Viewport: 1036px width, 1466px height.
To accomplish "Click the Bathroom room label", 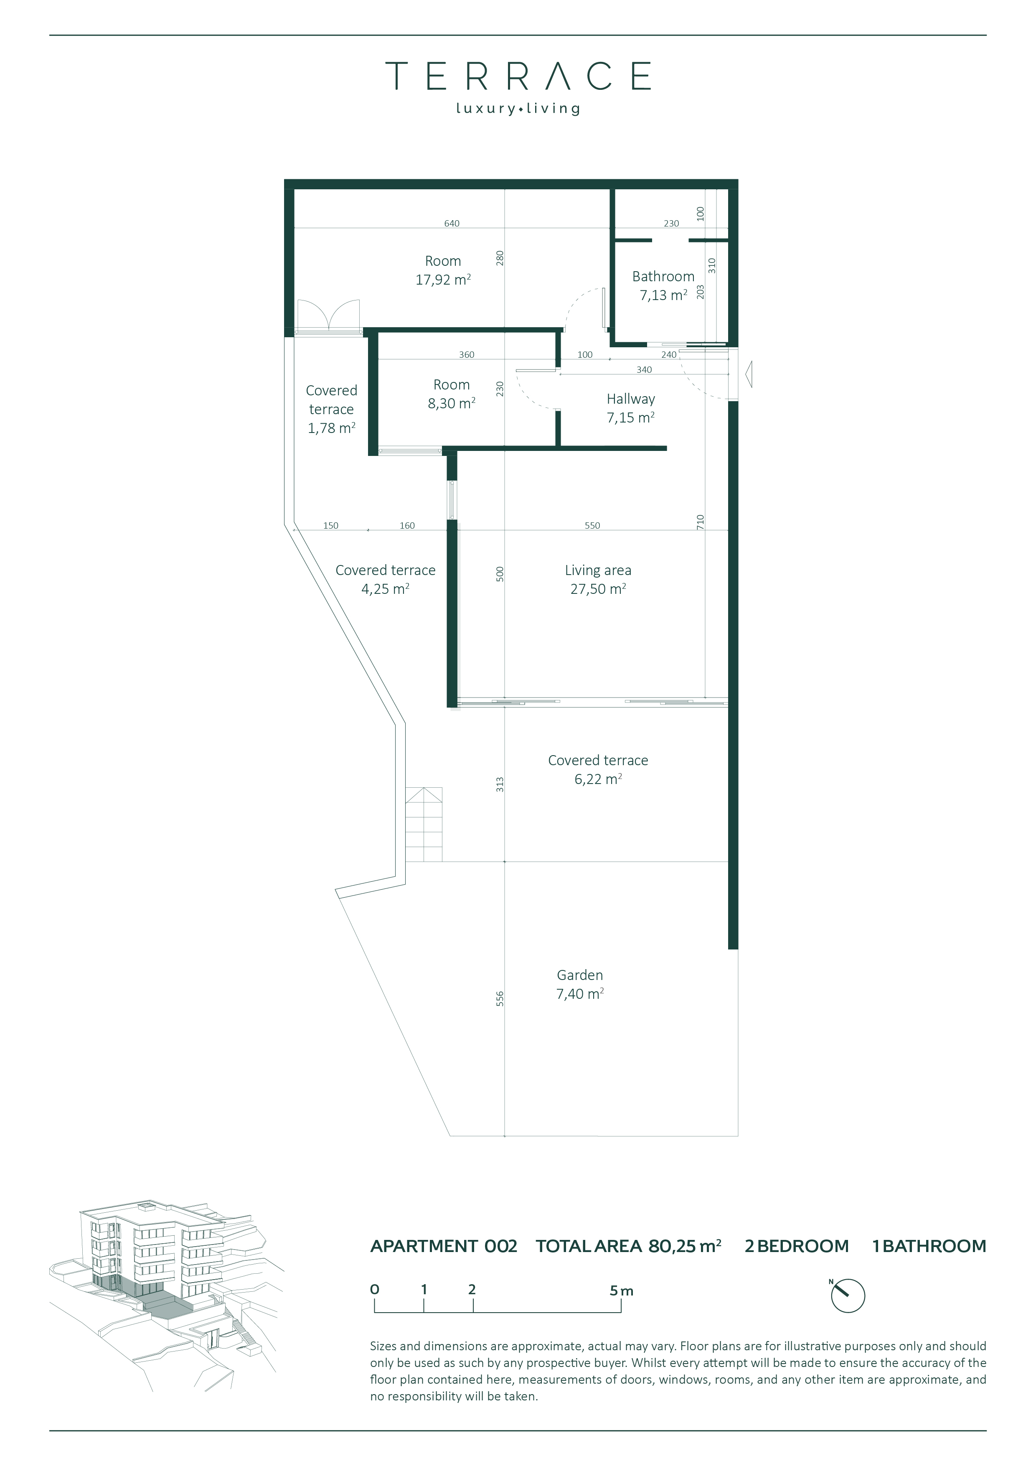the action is (663, 277).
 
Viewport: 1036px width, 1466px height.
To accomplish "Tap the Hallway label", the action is (631, 399).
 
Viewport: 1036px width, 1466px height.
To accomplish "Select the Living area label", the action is (598, 570).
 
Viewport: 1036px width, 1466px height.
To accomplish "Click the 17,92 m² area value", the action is (443, 280).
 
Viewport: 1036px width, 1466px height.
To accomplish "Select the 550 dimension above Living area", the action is (592, 525).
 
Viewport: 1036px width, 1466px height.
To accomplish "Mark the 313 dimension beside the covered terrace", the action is (500, 785).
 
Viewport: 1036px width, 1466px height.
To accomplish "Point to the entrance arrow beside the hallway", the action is (749, 374).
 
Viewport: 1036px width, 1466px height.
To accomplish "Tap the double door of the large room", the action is (328, 315).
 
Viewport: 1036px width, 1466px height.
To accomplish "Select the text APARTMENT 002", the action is (444, 1246).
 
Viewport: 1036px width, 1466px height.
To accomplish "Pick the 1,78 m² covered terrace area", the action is (331, 428).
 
